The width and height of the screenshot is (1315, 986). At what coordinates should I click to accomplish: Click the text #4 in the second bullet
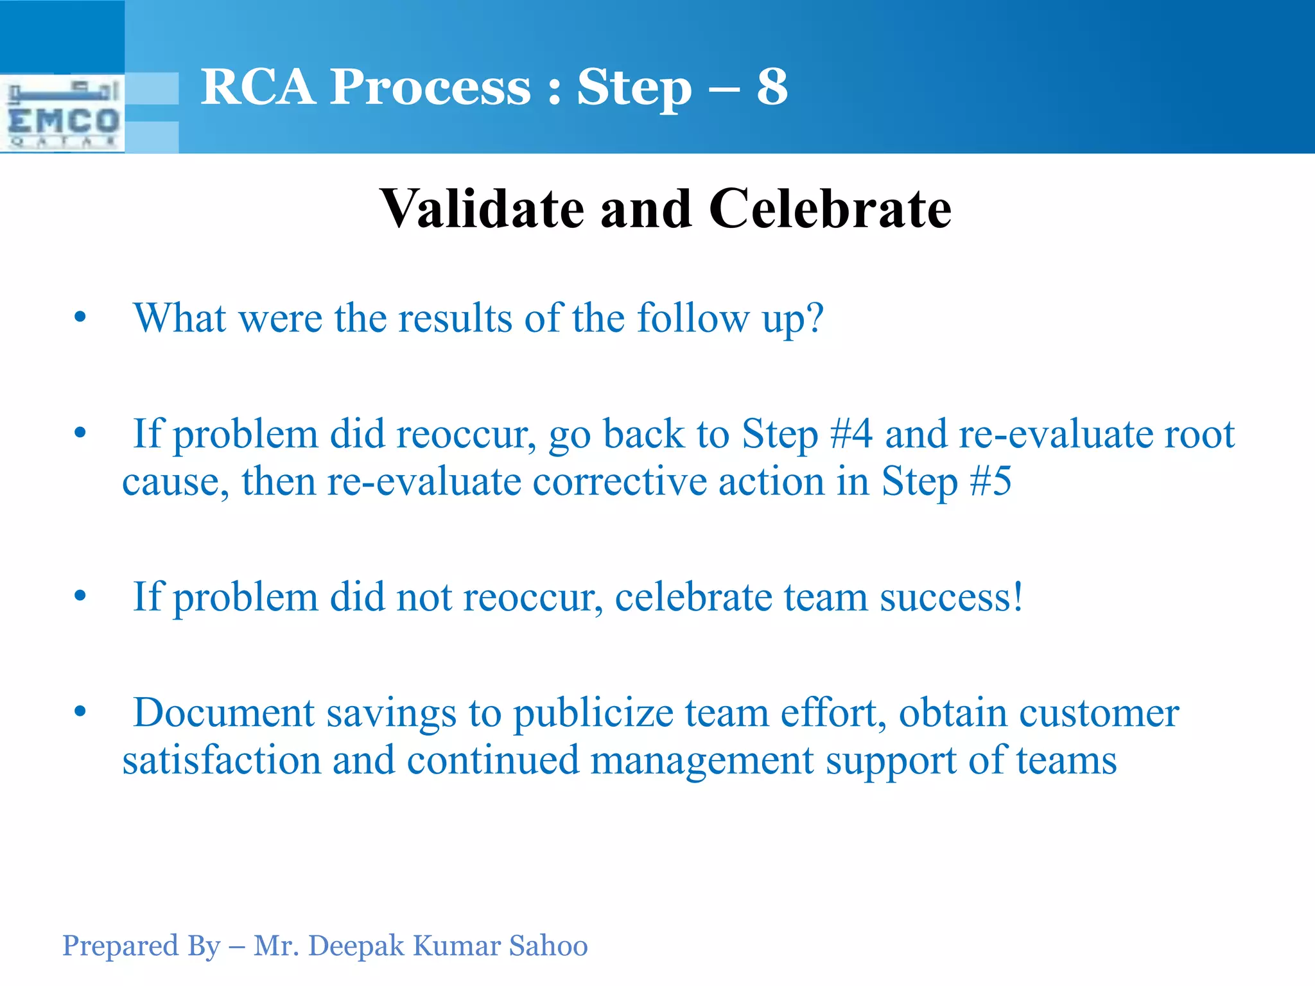pyautogui.click(x=851, y=434)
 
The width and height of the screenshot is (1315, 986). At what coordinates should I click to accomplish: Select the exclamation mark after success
pyautogui.click(x=1018, y=597)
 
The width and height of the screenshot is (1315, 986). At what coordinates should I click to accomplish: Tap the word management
pyautogui.click(x=702, y=761)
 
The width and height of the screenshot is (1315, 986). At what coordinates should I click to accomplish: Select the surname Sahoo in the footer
pyautogui.click(x=548, y=946)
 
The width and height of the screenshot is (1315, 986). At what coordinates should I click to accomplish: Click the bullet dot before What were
pyautogui.click(x=80, y=317)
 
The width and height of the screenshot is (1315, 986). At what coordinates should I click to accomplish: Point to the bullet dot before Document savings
pyautogui.click(x=80, y=712)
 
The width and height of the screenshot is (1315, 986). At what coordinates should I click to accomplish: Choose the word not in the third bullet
pyautogui.click(x=424, y=597)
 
